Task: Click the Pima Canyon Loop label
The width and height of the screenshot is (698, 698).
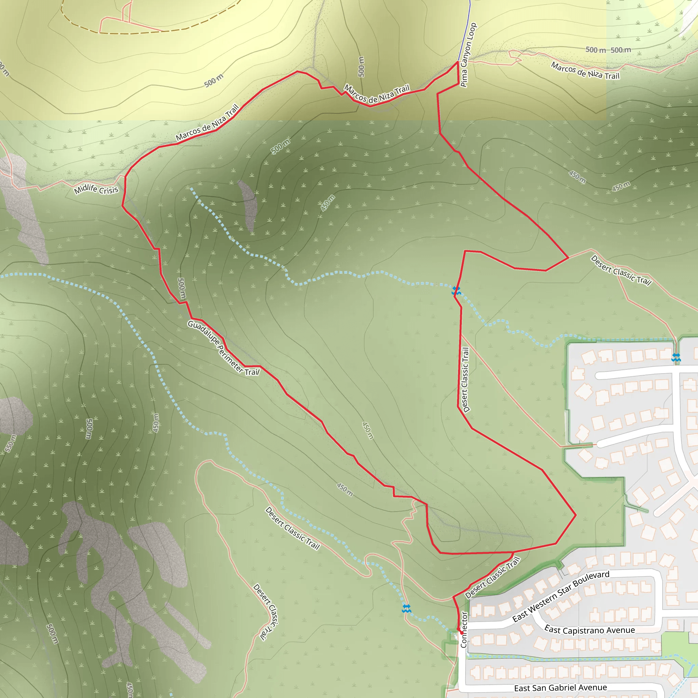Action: click(x=468, y=55)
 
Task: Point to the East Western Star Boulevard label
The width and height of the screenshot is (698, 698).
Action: click(x=561, y=596)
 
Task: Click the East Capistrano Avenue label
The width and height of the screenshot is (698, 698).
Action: click(x=590, y=630)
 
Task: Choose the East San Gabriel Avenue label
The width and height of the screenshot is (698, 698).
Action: click(x=560, y=688)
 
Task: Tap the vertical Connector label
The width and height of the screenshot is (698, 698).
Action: click(x=464, y=629)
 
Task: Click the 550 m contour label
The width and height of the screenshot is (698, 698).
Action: click(x=11, y=443)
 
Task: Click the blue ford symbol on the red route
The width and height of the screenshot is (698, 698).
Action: click(x=456, y=290)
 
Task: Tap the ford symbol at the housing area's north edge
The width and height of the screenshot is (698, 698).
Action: click(x=676, y=358)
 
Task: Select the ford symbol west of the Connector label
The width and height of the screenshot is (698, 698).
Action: click(x=407, y=608)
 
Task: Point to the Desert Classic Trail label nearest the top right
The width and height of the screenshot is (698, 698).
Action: click(x=621, y=270)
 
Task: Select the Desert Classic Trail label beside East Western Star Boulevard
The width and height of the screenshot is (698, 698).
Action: click(x=492, y=577)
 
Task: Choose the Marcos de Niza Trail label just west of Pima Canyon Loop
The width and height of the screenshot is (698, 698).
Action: click(x=377, y=94)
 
